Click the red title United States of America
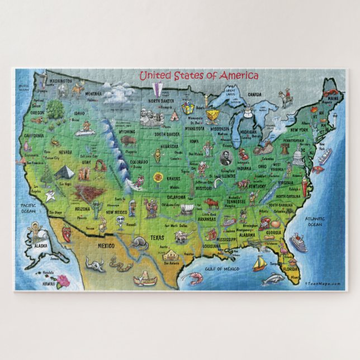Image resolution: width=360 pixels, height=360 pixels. click(198, 75)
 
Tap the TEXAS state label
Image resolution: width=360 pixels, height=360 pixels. click(157, 238)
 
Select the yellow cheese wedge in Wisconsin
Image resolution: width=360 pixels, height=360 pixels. click(212, 115)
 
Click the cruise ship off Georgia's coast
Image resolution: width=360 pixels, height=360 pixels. click(299, 243)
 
